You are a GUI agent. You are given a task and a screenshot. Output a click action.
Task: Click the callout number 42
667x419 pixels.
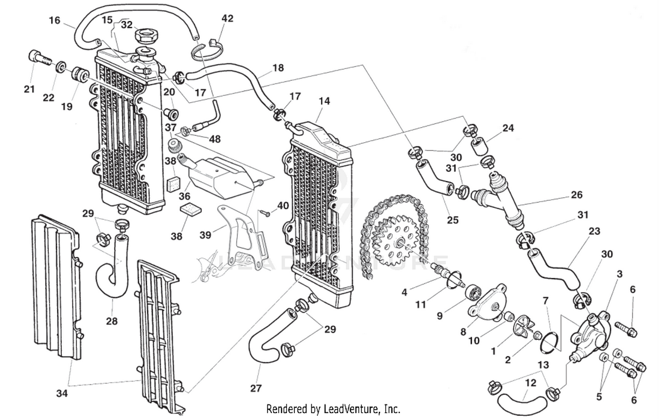227,18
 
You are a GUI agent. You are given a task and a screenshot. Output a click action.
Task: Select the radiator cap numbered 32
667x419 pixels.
147,34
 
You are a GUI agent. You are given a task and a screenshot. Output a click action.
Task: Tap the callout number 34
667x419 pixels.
62,393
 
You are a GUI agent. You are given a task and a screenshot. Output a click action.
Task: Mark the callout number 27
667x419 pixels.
256,388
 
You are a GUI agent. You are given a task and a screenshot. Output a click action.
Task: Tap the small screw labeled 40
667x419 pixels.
266,213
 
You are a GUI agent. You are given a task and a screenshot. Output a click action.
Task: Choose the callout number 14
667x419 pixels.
324,101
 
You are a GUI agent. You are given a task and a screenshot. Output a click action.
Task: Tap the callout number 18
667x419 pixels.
278,68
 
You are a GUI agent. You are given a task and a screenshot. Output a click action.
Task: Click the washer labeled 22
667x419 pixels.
60,68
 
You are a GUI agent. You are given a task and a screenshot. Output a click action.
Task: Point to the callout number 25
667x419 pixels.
452,219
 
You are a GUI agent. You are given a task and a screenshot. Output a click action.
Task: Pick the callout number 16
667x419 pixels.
54,20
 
